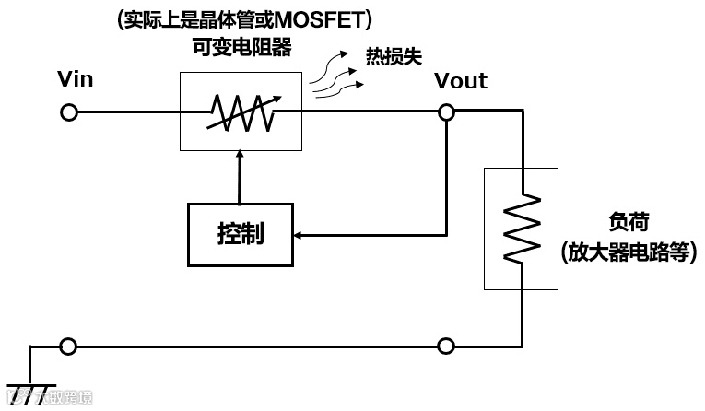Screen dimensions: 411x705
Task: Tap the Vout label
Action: coord(461,81)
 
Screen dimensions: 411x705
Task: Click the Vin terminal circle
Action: coord(67,112)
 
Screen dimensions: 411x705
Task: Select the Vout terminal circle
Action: coord(446,112)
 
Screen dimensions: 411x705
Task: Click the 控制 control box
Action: coord(241,233)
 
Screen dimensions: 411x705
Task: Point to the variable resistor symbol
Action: coord(240,112)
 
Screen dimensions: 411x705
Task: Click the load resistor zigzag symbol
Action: coord(522,228)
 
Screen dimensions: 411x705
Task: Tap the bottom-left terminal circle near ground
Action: coord(67,346)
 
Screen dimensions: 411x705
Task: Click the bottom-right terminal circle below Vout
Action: coord(446,346)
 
